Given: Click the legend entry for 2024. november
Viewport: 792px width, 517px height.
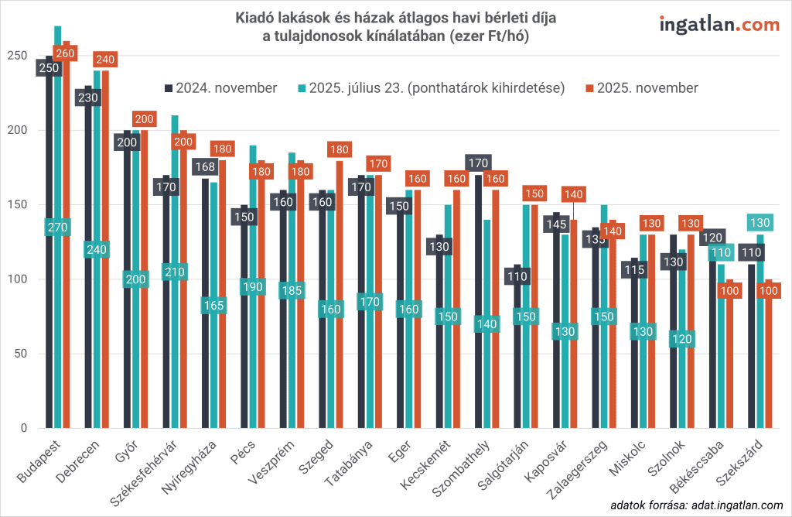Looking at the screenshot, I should (221, 88).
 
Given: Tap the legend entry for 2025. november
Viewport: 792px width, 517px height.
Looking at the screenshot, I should (642, 88).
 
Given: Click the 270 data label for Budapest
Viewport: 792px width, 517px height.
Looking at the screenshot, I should (57, 228).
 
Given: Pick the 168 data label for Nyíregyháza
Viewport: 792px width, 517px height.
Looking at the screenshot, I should (205, 166).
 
